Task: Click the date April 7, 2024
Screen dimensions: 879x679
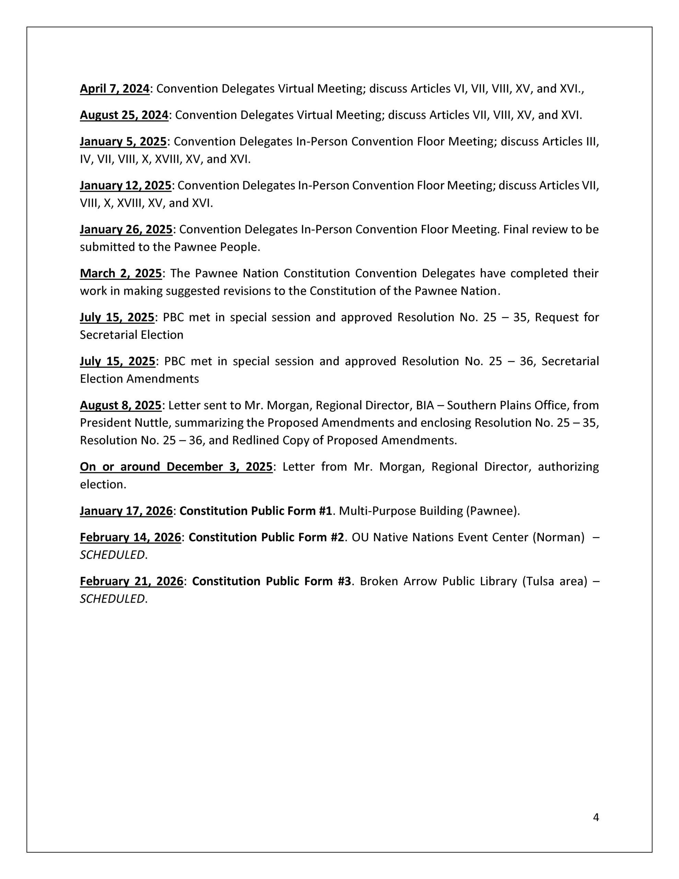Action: tap(114, 89)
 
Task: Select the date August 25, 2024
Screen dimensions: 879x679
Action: tap(124, 115)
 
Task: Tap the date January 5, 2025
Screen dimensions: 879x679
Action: tap(123, 142)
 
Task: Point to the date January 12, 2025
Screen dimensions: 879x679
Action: tap(126, 185)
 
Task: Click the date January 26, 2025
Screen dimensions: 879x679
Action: tap(126, 229)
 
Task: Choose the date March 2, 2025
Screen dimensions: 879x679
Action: tap(121, 273)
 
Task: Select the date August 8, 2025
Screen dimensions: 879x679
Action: tap(120, 405)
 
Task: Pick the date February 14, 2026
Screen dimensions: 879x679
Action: tap(130, 537)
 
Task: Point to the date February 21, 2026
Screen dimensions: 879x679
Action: tap(131, 582)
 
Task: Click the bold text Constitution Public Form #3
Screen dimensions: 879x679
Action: tap(271, 582)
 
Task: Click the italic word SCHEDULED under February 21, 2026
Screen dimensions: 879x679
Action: tap(112, 599)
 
